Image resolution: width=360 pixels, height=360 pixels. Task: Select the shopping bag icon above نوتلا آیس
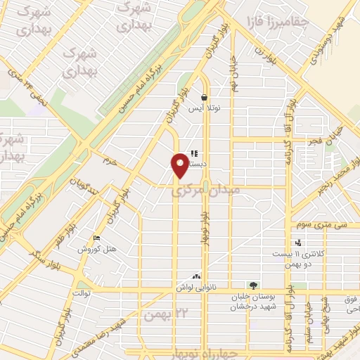point(204,98)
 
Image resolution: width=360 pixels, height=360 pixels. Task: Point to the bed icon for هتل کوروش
point(96,239)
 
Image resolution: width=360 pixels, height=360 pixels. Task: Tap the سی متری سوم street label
point(312,224)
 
